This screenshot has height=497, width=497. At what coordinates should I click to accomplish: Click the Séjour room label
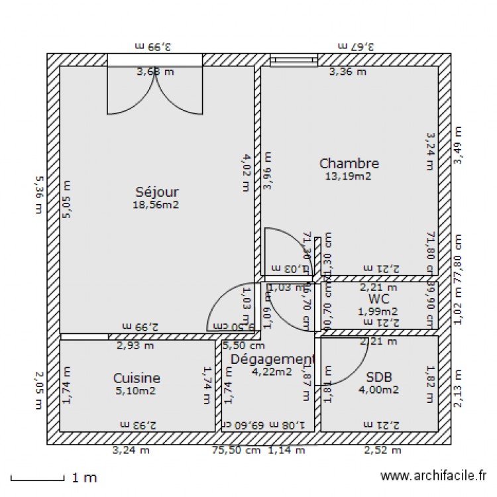coord(157,192)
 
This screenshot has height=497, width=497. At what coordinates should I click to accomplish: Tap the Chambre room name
coord(349,163)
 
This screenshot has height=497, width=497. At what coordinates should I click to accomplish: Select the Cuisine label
coord(137,378)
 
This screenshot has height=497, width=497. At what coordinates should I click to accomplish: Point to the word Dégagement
coord(272,359)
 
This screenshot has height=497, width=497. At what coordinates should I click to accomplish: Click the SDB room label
coord(379,377)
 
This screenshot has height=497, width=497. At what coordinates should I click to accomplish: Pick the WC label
coord(378,299)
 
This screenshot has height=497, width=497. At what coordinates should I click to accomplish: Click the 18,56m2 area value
coord(156,205)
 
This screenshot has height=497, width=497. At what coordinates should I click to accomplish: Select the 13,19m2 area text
coord(348,176)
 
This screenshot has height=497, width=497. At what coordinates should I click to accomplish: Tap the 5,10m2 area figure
coord(136,390)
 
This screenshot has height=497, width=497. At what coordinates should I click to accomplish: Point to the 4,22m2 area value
coord(272,372)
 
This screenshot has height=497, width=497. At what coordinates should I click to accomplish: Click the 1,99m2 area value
coord(378,311)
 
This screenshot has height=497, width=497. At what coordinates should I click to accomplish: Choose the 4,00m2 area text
coord(378,390)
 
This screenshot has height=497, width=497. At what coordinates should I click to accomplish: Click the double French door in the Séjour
coord(154,93)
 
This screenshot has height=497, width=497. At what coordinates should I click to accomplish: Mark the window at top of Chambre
coord(294,60)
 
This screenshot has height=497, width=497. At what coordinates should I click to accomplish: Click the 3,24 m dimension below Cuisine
coord(131,451)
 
